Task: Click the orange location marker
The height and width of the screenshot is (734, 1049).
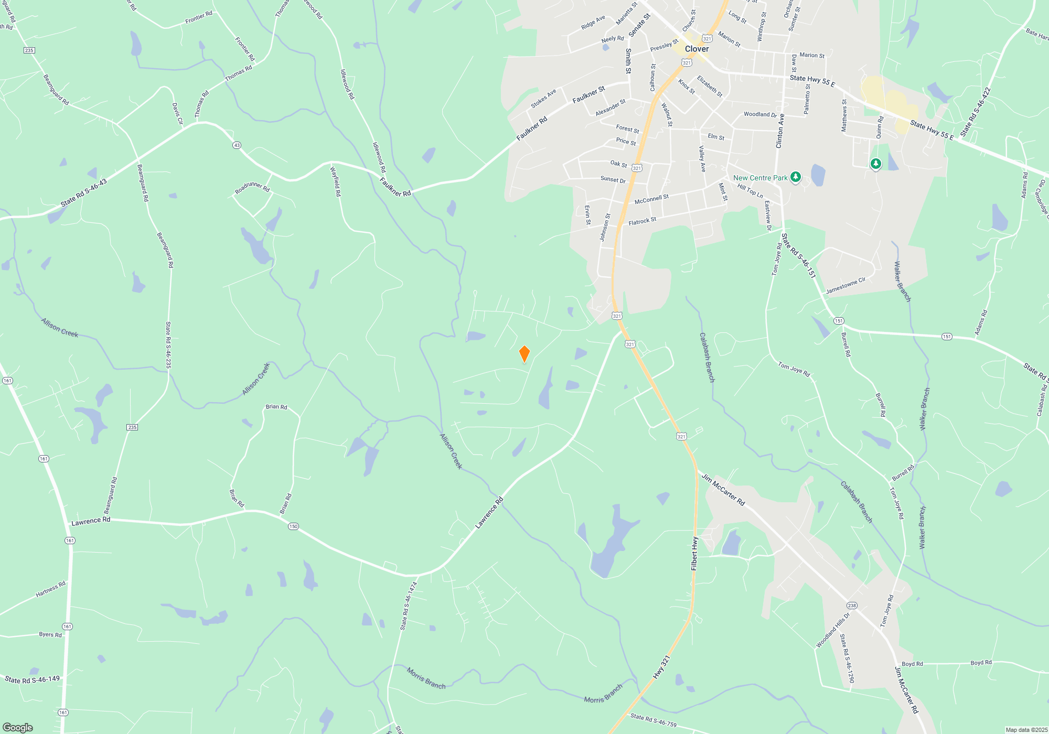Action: point(524,354)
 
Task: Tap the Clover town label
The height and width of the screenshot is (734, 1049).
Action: point(697,49)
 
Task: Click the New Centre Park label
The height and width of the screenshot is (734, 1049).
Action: point(760,178)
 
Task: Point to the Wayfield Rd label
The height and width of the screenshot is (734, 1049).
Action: point(336,181)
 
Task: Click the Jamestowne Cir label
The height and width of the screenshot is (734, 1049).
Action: point(845,286)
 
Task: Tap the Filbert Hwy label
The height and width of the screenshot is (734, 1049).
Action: point(694,554)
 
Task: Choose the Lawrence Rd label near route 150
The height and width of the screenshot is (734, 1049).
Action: point(90,521)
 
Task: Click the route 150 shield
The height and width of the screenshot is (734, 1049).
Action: point(293,526)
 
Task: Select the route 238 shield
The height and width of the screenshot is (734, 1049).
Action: point(851,606)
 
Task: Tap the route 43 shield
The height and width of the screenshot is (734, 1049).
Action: point(237,145)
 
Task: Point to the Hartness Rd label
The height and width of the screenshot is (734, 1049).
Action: point(50,589)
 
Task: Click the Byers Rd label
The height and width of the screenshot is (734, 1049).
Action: point(50,634)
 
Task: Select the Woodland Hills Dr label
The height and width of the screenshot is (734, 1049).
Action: point(832,630)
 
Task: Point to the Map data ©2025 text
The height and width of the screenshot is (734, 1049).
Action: point(1026,730)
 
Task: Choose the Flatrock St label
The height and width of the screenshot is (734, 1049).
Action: point(642,221)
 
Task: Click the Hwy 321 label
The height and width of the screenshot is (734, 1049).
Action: point(661,667)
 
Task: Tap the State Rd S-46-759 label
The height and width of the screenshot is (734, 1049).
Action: point(653,720)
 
